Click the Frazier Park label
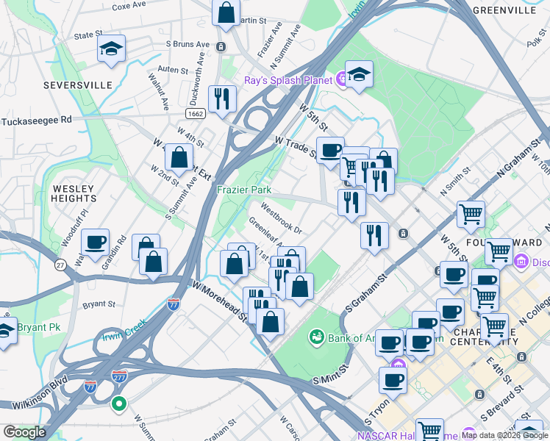tap(245, 190)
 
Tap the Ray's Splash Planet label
tap(288, 79)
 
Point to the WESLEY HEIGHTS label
tap(74, 193)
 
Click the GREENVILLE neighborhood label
tap(504, 10)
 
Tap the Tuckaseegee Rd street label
tap(37, 120)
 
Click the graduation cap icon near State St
tap(111, 49)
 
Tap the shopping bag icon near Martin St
tap(226, 12)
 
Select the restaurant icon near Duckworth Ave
tap(221, 98)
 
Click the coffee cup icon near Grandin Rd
tap(95, 242)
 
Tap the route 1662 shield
tap(196, 114)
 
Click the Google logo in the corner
tap(24, 432)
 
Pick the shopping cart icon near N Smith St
tap(471, 214)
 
